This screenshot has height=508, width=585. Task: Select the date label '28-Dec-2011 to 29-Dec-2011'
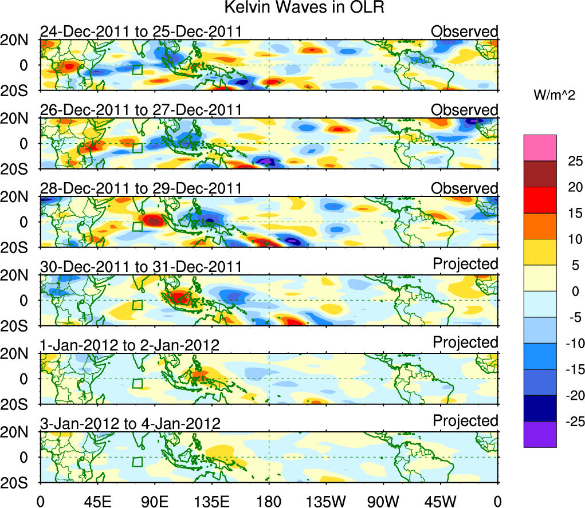[140, 189]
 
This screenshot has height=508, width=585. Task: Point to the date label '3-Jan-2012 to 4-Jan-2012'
[130, 424]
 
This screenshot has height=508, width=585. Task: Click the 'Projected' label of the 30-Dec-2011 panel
[465, 264]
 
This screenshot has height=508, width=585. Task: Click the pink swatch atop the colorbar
[540, 148]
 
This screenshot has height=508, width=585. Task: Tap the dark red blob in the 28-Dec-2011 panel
[153, 220]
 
